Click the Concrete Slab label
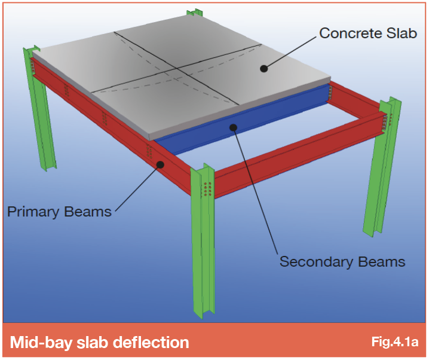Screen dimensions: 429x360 tap(368, 33)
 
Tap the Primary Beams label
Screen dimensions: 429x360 tap(59, 212)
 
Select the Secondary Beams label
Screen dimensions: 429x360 tap(342, 261)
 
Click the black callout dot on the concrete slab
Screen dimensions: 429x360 tap(263, 68)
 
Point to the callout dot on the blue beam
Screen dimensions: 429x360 tap(234, 127)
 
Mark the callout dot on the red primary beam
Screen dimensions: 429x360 tap(160, 164)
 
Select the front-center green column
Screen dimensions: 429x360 tap(203, 241)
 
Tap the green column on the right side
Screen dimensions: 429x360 tap(382, 167)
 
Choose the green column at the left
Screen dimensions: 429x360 tap(39, 109)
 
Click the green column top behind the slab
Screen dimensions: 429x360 tap(195, 13)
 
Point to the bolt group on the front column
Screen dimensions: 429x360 tap(208, 189)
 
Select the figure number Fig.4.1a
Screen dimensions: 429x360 tap(395, 341)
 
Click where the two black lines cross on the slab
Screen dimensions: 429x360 tap(176, 68)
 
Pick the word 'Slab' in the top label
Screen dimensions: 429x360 tap(402, 33)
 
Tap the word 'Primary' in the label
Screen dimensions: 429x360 tap(33, 212)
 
